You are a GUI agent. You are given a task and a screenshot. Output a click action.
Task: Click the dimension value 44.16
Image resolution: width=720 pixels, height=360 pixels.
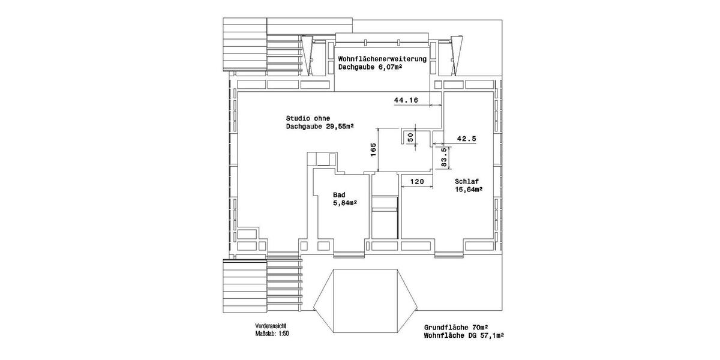click(x=406, y=100)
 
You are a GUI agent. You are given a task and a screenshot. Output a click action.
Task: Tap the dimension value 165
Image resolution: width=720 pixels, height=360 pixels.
click(x=373, y=149)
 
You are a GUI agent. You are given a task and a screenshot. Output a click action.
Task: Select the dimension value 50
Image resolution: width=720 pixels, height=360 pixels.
click(x=411, y=137)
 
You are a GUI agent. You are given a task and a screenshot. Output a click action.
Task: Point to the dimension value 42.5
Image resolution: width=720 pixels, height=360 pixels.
click(x=466, y=139)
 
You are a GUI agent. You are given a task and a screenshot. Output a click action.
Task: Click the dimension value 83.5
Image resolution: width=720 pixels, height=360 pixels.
click(x=444, y=157)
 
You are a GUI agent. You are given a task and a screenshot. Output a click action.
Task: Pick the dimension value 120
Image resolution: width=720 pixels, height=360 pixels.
click(x=417, y=181)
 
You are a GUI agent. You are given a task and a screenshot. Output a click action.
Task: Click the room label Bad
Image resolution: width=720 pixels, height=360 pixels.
click(x=339, y=195)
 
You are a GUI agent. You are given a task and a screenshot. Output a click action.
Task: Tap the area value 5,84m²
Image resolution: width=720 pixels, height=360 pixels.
click(x=345, y=203)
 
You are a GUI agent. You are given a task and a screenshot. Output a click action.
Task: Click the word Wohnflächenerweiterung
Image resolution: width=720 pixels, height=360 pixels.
click(x=382, y=59)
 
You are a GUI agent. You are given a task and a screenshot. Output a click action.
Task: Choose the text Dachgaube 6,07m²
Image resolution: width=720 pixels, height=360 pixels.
click(x=370, y=68)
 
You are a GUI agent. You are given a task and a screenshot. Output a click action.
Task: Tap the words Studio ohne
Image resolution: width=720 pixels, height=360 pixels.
click(x=308, y=118)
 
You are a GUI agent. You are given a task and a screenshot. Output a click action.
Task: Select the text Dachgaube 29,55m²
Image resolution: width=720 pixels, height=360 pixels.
click(x=320, y=127)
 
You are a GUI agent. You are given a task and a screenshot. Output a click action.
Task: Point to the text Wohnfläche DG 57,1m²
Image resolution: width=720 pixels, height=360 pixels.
click(x=464, y=337)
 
